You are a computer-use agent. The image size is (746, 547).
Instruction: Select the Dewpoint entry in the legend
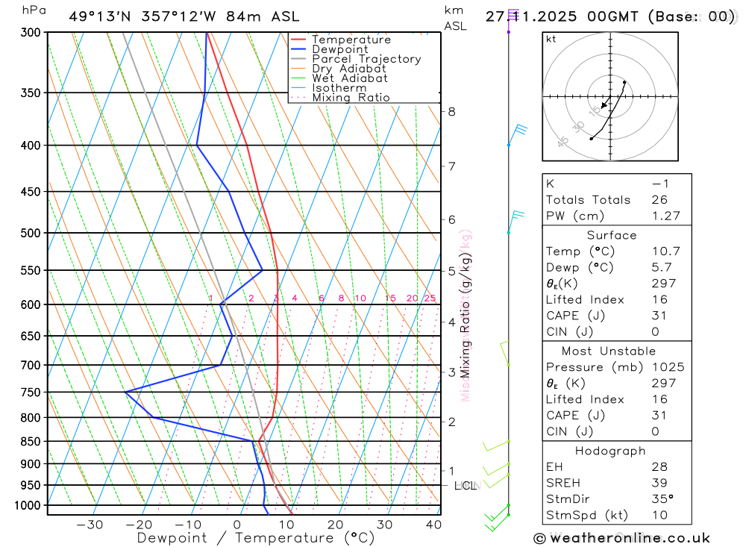tap(340, 49)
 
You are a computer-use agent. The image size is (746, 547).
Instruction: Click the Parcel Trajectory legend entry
tap(366, 59)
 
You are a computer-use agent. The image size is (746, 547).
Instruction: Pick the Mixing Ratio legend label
tap(351, 97)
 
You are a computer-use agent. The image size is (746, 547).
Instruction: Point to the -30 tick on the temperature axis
tap(90, 525)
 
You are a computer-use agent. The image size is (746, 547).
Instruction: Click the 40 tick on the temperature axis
tap(433, 525)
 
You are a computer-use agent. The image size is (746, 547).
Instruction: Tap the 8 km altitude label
tap(451, 112)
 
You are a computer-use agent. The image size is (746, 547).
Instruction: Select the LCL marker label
tap(465, 487)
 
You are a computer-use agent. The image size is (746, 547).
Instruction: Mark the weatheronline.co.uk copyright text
tap(622, 538)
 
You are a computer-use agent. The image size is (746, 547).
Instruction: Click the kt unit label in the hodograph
tap(551, 39)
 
